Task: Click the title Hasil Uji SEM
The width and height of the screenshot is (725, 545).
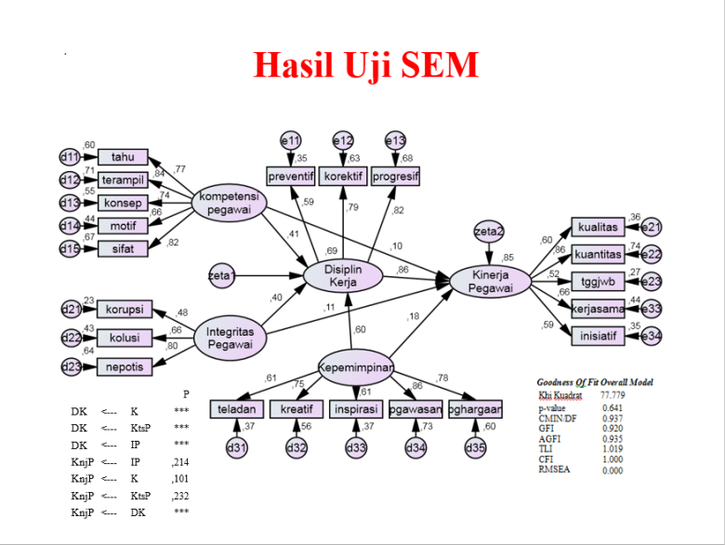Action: [x=366, y=66]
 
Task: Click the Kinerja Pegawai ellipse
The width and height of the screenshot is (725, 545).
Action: [x=491, y=281]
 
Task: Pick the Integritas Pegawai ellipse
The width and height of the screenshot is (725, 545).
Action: [x=229, y=338]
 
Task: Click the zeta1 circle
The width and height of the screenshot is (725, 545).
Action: [x=221, y=276]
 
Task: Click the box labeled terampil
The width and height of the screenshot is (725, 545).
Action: [x=122, y=180]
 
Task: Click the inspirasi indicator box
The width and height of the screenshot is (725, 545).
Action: [x=356, y=409]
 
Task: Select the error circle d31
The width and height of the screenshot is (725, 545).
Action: [x=237, y=449]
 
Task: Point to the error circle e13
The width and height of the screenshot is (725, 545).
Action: [x=395, y=140]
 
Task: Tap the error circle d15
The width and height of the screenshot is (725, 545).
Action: [x=70, y=248]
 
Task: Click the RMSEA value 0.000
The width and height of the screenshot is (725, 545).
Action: [x=613, y=471]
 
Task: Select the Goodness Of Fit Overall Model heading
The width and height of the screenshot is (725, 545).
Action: [x=595, y=382]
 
